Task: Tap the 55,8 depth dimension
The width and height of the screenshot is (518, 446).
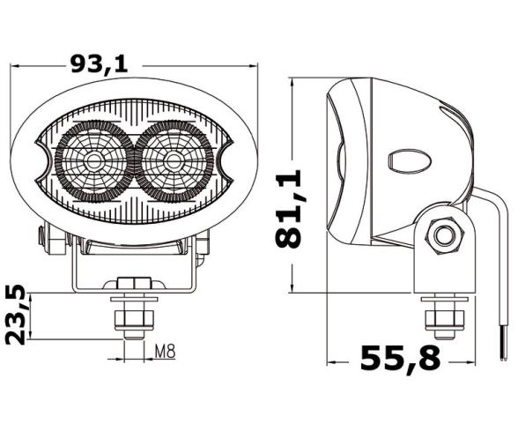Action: pos(400,360)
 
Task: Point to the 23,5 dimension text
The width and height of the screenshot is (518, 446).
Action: pos(15,313)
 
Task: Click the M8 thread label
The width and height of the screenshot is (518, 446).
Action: pos(165,352)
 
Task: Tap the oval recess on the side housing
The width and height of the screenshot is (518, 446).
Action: pos(408,160)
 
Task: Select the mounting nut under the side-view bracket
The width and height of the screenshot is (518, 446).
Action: pos(441,315)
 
